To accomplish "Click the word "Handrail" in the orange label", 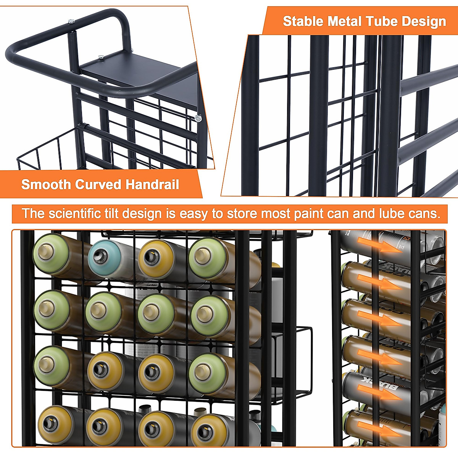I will pos(152,185).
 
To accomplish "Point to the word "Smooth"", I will pos(46,185).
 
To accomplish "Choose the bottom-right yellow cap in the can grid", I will pos(208,430).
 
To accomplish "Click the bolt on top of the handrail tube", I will pos(71,22).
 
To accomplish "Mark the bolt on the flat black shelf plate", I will pos(101,57).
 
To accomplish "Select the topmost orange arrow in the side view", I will pos(385,247).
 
